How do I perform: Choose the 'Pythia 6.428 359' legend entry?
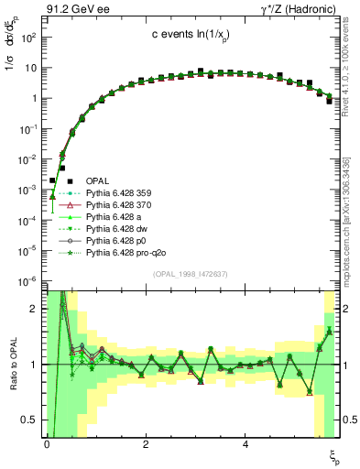(119, 194)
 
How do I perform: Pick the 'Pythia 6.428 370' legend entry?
(119, 207)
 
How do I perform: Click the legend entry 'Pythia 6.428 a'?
(115, 220)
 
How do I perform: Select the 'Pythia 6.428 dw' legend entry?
(117, 233)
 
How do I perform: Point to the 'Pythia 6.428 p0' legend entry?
(116, 245)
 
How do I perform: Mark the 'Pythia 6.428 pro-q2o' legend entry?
(125, 257)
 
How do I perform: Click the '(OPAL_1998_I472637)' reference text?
(191, 274)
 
